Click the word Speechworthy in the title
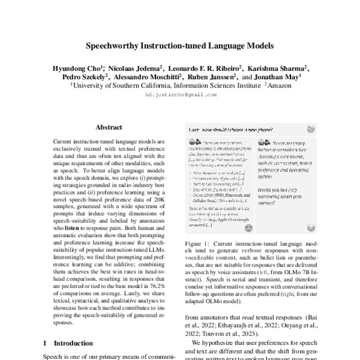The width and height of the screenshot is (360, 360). [114, 45]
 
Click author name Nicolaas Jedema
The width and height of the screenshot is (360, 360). [136, 69]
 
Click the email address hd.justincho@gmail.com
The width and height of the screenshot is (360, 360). [180, 95]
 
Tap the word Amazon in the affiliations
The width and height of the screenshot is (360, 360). [278, 86]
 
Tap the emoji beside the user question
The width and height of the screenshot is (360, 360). [311, 129]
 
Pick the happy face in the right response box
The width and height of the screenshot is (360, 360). [311, 244]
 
